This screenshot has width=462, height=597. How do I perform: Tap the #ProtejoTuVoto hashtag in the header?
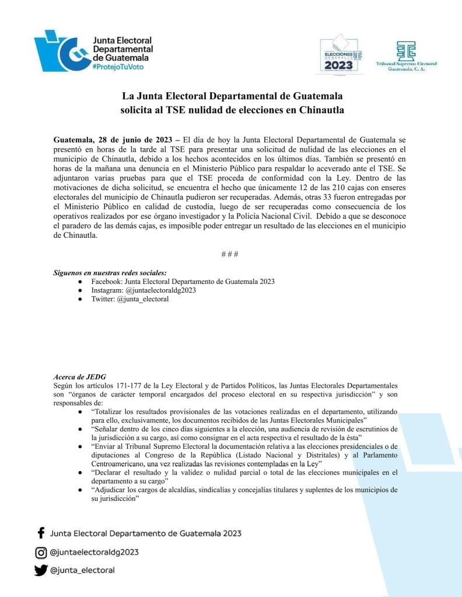[x=118, y=67]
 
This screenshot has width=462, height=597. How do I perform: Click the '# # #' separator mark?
[x=230, y=255]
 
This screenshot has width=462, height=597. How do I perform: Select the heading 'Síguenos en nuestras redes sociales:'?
[x=110, y=273]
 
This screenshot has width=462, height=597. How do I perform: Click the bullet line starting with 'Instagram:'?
[x=143, y=290]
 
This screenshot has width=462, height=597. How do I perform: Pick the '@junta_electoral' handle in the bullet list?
[x=143, y=299]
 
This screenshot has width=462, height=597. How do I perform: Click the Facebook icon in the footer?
[x=41, y=533]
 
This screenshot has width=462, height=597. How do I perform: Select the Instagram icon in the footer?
[x=41, y=552]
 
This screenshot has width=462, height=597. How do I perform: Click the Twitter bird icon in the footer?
[x=41, y=571]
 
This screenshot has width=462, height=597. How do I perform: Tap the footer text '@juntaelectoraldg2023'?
[x=95, y=552]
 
